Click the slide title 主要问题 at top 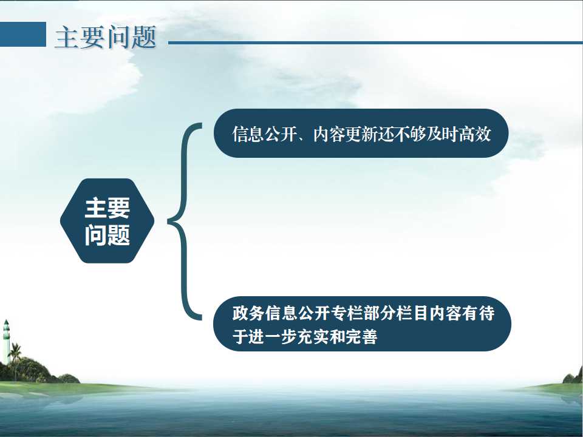pyautogui.click(x=106, y=37)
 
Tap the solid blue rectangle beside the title pyautogui.click(x=22, y=34)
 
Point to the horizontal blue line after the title pyautogui.click(x=375, y=42)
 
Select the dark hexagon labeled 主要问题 pyautogui.click(x=107, y=221)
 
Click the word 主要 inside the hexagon pyautogui.click(x=107, y=208)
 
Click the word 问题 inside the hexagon pyautogui.click(x=107, y=235)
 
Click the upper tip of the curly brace pyautogui.click(x=202, y=126)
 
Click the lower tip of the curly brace pyautogui.click(x=202, y=317)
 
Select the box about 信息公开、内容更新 pyautogui.click(x=361, y=133)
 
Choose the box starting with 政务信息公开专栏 pyautogui.click(x=362, y=324)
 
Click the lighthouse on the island pyautogui.click(x=6, y=341)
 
